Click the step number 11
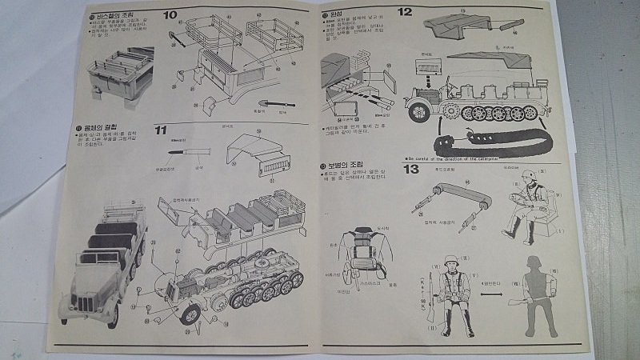[x=162, y=130]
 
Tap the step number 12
[x=404, y=12]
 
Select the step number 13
[x=411, y=169]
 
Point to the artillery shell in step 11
[x=189, y=150]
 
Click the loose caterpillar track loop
[x=489, y=145]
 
